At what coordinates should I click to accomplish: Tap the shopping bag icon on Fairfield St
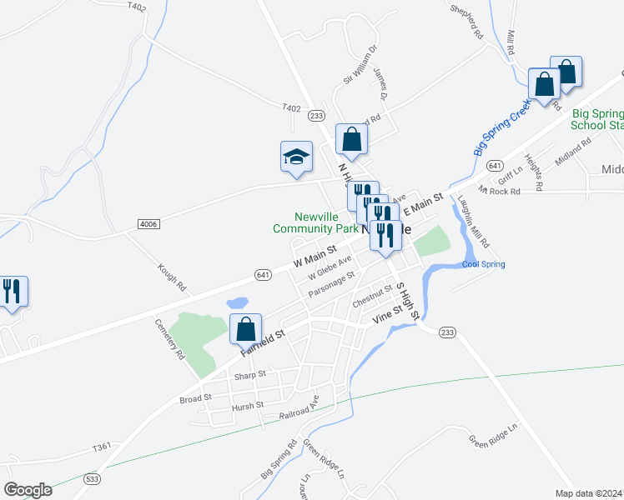[x=245, y=330]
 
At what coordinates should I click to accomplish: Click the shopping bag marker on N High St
[x=351, y=140]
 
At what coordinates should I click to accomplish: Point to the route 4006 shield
[x=148, y=225]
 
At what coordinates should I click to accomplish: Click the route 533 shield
[x=92, y=478]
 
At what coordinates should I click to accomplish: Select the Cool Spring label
[x=483, y=264]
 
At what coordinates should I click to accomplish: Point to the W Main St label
[x=315, y=255]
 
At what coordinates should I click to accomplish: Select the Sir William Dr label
[x=361, y=64]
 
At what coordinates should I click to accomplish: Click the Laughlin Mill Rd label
[x=473, y=221]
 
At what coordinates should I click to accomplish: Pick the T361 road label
[x=102, y=447]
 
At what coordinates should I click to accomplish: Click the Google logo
[x=28, y=490]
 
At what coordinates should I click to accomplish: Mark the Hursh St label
[x=247, y=405]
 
